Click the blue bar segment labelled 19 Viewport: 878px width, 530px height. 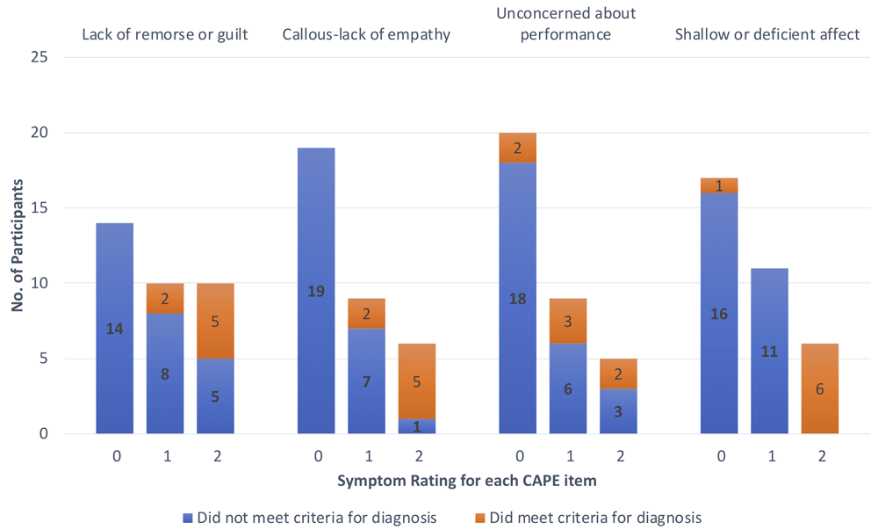(316, 291)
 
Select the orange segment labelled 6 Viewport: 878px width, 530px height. (819, 388)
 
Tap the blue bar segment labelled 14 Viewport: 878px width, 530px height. (115, 328)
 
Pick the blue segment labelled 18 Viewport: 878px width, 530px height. (517, 298)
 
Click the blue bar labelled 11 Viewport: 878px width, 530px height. (769, 351)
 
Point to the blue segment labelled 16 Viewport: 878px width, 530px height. (719, 313)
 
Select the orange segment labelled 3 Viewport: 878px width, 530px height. (568, 321)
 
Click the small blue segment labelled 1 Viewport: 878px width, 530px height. (417, 426)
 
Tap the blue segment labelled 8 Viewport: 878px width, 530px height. (165, 374)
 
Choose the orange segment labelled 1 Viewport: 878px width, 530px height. (719, 185)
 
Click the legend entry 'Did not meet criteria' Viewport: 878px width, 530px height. (314, 517)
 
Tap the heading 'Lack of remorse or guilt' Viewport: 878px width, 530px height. (165, 35)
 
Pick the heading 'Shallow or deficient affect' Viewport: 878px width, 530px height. (767, 35)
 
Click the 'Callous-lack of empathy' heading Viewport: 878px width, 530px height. (366, 35)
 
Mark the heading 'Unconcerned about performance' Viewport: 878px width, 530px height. (566, 25)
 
